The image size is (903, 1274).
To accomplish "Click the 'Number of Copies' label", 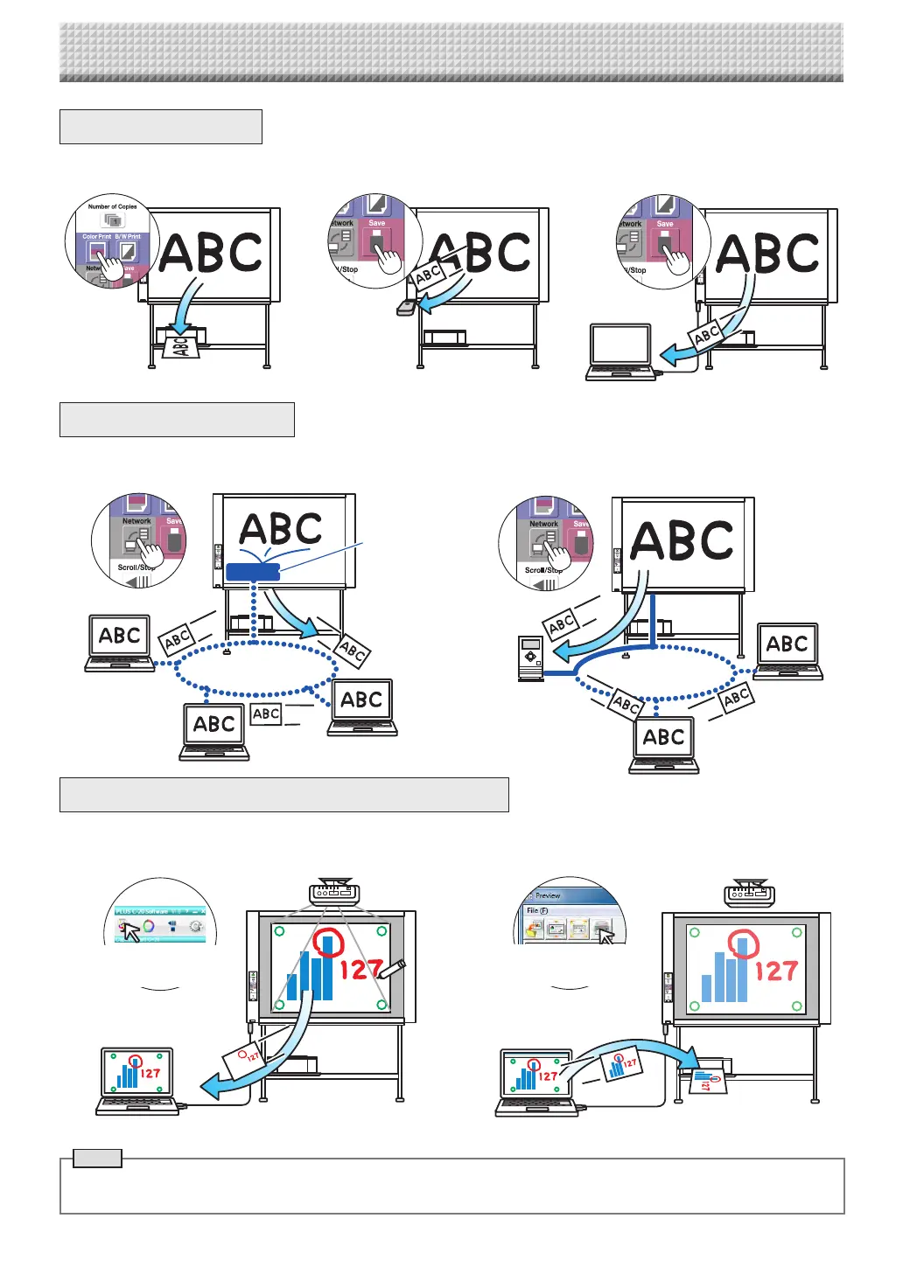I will (x=112, y=207).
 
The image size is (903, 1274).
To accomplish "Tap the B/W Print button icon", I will (x=128, y=253).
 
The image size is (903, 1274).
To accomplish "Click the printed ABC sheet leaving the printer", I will (x=179, y=347).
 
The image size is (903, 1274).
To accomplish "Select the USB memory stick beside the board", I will (x=406, y=307).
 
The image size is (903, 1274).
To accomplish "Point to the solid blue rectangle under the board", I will (x=253, y=572).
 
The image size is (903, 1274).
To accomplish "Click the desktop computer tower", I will (x=530, y=658).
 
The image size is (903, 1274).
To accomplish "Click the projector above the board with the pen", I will (x=333, y=893).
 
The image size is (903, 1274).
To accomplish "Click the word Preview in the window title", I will (x=548, y=895).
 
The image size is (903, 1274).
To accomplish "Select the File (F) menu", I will (x=536, y=910).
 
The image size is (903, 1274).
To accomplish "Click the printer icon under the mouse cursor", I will (x=601, y=929).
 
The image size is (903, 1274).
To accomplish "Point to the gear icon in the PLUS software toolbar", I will (x=195, y=926).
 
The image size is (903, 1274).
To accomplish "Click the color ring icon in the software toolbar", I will (x=149, y=926).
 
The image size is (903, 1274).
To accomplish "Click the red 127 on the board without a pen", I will (x=776, y=971).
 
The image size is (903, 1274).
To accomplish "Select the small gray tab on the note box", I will (x=96, y=1159).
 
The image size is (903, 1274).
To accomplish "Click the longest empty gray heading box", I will (x=283, y=795).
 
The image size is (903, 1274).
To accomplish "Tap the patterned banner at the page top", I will (x=451, y=52).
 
